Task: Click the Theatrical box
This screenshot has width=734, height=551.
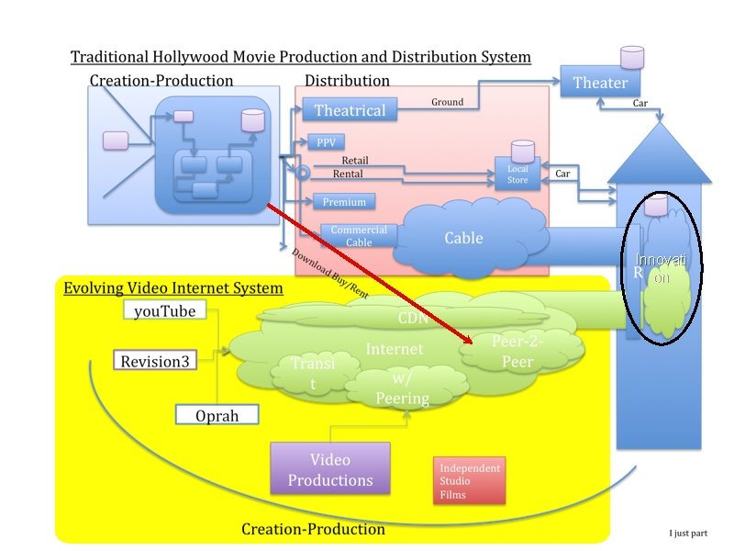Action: click(350, 110)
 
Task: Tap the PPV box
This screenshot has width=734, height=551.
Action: click(326, 143)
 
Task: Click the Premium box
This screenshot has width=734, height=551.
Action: click(344, 202)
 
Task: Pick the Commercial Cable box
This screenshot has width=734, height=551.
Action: click(359, 236)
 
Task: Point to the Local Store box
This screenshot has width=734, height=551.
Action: click(517, 174)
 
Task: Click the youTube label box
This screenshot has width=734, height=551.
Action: click(164, 311)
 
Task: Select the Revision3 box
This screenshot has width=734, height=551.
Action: click(155, 361)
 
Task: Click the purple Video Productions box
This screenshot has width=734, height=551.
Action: click(329, 468)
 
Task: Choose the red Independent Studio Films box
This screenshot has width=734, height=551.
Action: click(470, 481)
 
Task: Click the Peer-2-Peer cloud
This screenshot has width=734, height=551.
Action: click(517, 351)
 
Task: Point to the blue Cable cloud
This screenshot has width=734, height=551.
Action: click(463, 238)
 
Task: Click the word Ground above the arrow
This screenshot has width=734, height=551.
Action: click(448, 102)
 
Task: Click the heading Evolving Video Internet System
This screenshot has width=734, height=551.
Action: click(172, 288)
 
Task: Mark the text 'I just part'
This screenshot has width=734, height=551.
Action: click(688, 533)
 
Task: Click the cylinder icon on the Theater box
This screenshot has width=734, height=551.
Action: click(632, 57)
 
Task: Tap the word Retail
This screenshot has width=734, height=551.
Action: click(354, 161)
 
